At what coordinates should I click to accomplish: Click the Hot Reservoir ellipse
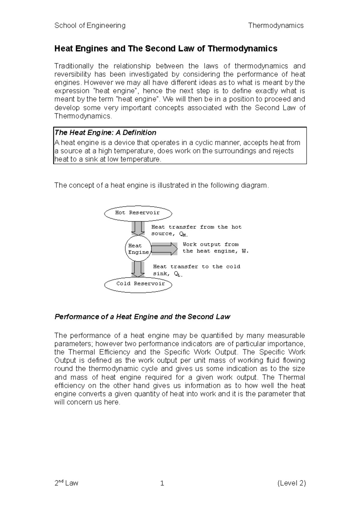[138, 213]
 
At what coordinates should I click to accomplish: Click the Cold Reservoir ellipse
[138, 284]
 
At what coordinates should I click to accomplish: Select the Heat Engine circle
[138, 249]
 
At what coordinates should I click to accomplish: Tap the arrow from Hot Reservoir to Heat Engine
[138, 228]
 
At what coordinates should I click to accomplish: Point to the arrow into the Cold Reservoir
[138, 269]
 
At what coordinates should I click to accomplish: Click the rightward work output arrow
[164, 249]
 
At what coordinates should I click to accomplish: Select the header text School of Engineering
[90, 25]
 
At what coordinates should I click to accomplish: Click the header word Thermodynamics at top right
[276, 25]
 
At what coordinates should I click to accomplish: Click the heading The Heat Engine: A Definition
[105, 132]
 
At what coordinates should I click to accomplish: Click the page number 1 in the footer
[162, 483]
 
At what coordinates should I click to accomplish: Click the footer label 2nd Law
[66, 483]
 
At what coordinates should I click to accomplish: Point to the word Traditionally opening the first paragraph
[74, 66]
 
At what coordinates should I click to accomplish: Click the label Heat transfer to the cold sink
[196, 270]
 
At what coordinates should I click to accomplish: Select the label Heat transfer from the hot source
[196, 230]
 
